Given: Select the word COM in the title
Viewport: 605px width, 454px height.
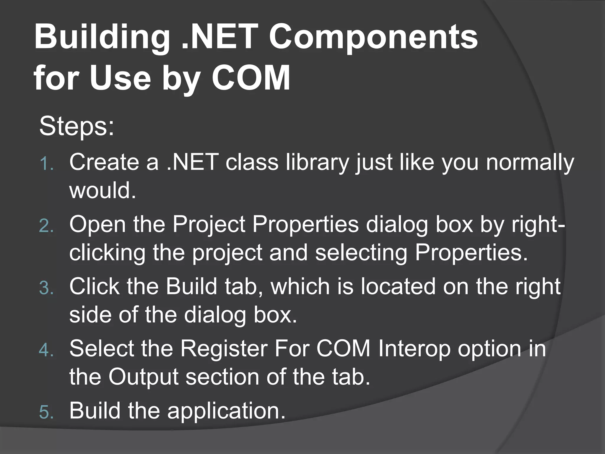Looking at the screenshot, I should click(251, 78).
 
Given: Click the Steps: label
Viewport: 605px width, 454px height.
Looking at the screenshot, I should click(77, 127).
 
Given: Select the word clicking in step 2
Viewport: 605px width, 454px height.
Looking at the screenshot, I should click(107, 253).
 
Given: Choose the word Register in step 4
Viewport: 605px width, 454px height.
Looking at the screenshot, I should click(224, 349).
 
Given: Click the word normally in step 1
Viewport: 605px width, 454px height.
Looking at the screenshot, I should click(530, 163).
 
